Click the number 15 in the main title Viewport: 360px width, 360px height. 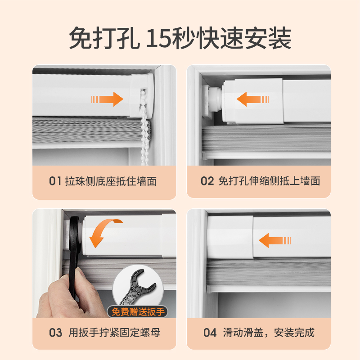[x=159, y=38]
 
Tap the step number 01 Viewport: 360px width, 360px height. [x=55, y=181]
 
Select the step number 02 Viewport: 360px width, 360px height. [x=207, y=181]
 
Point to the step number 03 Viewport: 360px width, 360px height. [x=55, y=333]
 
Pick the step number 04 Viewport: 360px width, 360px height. [x=210, y=333]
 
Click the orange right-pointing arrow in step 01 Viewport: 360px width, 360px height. [x=107, y=99]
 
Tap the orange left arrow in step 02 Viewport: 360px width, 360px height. [x=252, y=99]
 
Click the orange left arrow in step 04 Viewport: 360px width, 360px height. [x=275, y=241]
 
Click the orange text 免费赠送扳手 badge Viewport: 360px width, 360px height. [x=138, y=312]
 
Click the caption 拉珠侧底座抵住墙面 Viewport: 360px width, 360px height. [x=111, y=181]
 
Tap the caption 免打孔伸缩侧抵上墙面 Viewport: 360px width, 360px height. [x=269, y=181]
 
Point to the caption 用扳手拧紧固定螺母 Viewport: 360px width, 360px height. [x=114, y=333]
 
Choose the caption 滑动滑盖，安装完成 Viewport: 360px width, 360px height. [x=269, y=333]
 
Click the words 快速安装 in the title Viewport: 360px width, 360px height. [x=243, y=38]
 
